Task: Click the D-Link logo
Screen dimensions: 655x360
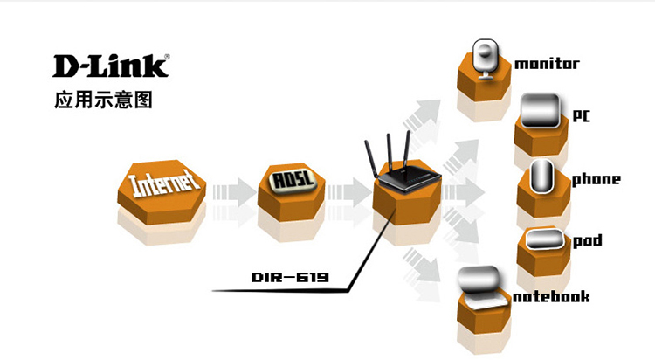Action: (111, 66)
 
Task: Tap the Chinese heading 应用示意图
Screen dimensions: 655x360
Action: (103, 100)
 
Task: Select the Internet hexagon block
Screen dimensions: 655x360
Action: (162, 191)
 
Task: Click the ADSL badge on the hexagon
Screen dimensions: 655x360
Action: (292, 180)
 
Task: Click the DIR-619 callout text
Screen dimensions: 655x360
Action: (290, 277)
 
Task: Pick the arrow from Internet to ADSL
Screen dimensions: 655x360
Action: (234, 192)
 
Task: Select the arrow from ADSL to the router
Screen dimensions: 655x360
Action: (349, 192)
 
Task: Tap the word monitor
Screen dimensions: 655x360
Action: (547, 64)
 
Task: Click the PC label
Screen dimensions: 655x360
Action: (582, 115)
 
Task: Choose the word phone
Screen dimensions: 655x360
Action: (596, 179)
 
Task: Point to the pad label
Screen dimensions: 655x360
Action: (588, 240)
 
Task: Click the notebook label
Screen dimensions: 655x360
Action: (551, 296)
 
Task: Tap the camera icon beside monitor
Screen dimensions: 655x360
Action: (486, 59)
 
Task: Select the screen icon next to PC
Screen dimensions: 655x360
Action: (541, 110)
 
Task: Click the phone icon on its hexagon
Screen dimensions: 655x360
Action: (541, 176)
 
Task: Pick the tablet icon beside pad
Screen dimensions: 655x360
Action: (544, 239)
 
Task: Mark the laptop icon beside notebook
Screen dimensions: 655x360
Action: (481, 289)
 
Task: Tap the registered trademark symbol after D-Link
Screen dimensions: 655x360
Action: (167, 57)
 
